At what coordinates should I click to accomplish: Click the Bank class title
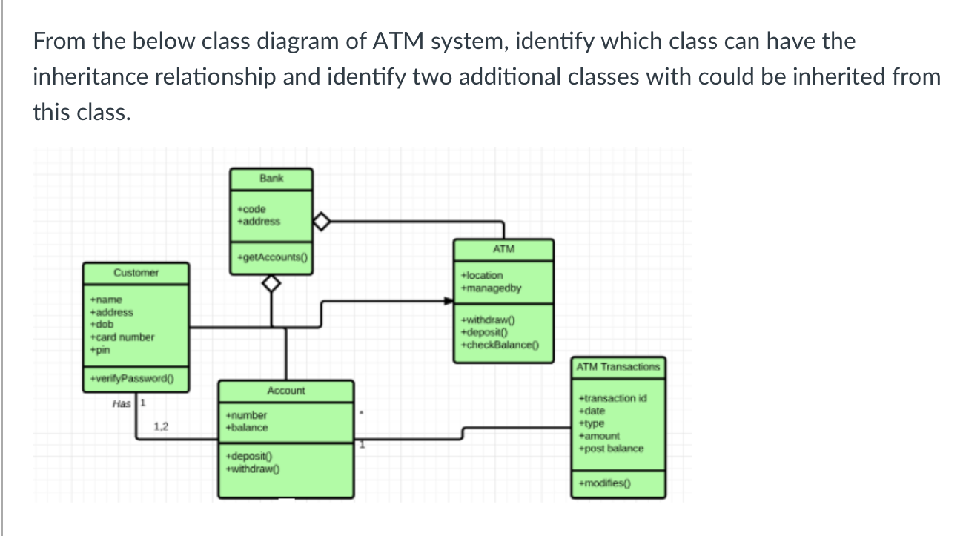[271, 179]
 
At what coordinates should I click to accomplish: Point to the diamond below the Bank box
[272, 284]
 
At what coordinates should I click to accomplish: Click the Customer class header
[136, 273]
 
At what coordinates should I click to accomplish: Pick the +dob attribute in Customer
[101, 325]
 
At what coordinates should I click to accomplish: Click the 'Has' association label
[121, 404]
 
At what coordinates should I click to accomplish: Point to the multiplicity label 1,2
[161, 426]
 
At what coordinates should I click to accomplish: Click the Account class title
[285, 391]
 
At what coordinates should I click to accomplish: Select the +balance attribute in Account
[247, 428]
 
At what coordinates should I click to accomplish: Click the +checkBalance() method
[500, 345]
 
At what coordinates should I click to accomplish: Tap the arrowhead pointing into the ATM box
[449, 301]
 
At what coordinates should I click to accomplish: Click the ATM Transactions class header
[618, 367]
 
